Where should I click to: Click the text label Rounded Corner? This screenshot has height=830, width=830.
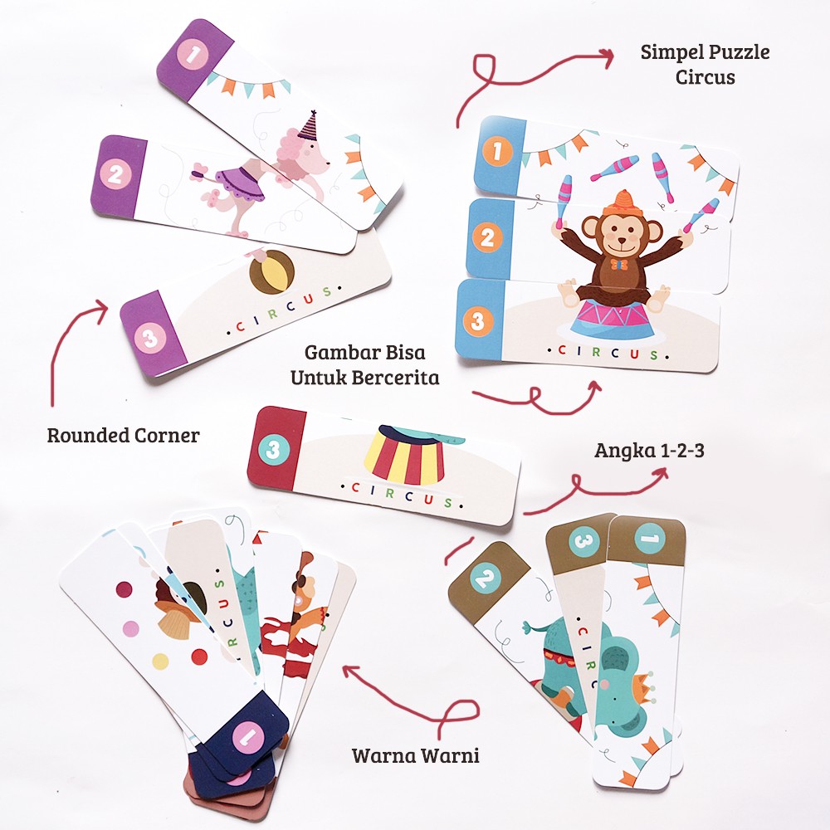pos(124,435)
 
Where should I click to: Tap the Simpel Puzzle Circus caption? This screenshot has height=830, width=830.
pos(705,64)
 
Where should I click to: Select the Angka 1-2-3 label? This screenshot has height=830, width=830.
pos(650,451)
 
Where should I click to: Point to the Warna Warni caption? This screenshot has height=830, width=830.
pos(416,755)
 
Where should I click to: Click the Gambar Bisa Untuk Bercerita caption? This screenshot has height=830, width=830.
pos(364,364)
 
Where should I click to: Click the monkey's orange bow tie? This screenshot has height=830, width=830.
pos(619,264)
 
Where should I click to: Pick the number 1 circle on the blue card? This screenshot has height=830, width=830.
pos(497,151)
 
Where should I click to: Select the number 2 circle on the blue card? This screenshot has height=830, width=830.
pos(487,237)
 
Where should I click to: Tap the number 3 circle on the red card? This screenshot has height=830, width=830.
pos(274,449)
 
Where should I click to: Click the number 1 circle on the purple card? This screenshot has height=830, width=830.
pos(193,54)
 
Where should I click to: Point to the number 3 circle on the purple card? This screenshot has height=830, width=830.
pos(149,337)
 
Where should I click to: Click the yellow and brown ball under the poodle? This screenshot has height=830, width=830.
pos(271,272)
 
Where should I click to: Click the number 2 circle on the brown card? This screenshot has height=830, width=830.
pos(486,577)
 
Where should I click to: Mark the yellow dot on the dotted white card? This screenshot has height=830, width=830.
pos(160,662)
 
